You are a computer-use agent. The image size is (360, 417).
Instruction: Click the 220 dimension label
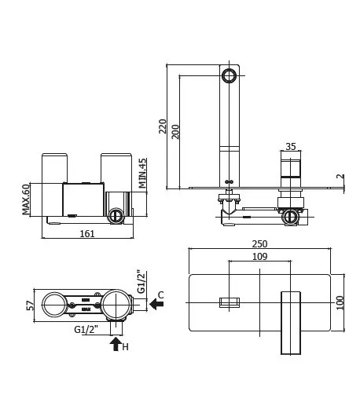coord(163,127)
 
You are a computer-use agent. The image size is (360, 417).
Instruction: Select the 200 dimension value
coord(175,131)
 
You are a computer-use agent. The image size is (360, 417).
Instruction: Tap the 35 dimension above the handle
coord(290,146)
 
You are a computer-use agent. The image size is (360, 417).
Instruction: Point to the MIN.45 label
coord(143,174)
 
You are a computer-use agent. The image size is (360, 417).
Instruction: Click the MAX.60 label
coord(26,199)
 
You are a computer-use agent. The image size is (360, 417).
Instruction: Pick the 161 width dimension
coord(87,233)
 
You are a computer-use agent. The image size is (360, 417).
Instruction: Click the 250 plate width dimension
coord(259,243)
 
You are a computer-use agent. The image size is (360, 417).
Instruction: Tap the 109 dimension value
coord(259,257)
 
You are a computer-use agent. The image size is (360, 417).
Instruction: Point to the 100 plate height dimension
coord(340,302)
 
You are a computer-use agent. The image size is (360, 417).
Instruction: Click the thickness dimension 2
coord(340,177)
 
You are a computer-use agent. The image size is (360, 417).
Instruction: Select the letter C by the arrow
coord(160,294)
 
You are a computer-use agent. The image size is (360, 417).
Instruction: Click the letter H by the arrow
coord(125,346)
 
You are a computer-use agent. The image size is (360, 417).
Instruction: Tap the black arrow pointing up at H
coord(116,343)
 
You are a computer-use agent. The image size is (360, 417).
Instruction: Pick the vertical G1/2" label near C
coord(140,283)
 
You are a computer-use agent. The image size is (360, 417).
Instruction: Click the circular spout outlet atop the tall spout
coord(230,76)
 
